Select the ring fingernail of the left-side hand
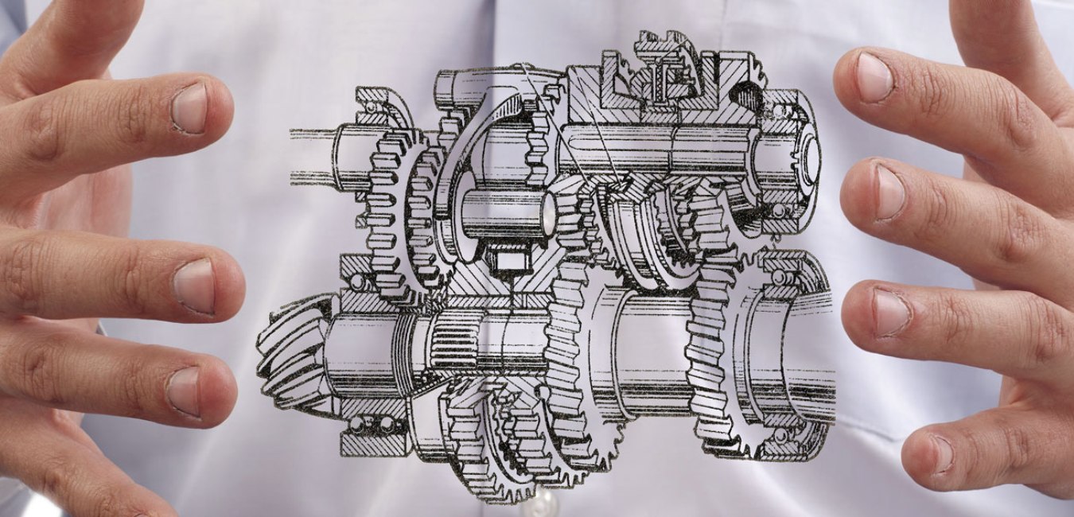(x=184, y=390)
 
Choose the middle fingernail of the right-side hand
(x=888, y=192)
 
